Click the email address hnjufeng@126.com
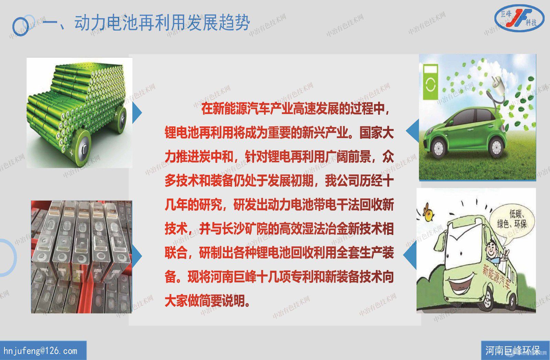[41, 351]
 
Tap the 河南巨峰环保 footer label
[512, 350]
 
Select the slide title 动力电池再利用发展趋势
[162, 23]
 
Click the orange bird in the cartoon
[427, 213]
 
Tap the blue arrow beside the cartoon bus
[410, 256]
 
